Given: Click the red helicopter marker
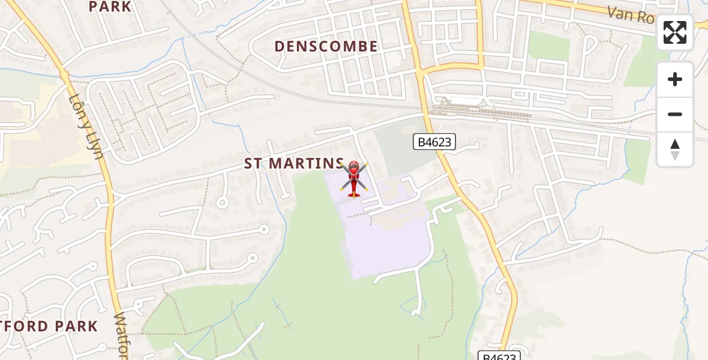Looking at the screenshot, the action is pyautogui.click(x=354, y=179).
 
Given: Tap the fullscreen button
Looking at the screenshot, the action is pyautogui.click(x=675, y=32).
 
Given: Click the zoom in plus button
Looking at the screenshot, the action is pyautogui.click(x=675, y=79).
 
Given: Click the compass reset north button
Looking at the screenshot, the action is pyautogui.click(x=675, y=149).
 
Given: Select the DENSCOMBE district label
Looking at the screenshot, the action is pyautogui.click(x=326, y=46).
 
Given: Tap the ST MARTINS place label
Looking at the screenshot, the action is pyautogui.click(x=294, y=163).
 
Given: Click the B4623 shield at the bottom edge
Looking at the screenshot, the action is pyautogui.click(x=499, y=356).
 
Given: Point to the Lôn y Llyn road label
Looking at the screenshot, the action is pyautogui.click(x=86, y=125).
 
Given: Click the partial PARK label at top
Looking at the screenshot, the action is pyautogui.click(x=110, y=7).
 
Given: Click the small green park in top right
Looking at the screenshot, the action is pyautogui.click(x=548, y=46).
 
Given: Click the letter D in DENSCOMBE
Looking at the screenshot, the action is pyautogui.click(x=280, y=46).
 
